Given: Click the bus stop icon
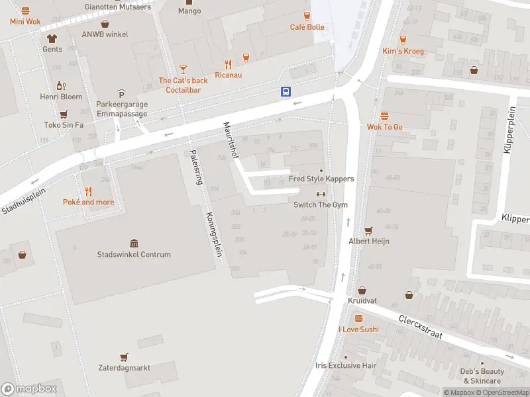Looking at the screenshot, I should (286, 92).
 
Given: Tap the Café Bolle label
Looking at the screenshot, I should (307, 27).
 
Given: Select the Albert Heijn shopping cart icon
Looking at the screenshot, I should (369, 230).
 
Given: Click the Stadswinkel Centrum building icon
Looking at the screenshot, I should (134, 243).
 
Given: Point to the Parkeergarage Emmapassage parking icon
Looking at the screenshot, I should (121, 93).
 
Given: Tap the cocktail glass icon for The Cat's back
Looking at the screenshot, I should (183, 69).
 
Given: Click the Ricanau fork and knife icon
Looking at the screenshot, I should (229, 64).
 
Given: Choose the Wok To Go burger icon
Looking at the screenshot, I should (385, 116).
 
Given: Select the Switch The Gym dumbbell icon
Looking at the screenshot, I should (321, 194).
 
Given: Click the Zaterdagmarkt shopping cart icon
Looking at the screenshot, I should (124, 357).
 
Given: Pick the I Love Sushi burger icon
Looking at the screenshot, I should (358, 318).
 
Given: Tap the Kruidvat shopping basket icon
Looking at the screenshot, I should (362, 290).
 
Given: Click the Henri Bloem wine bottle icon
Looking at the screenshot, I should (61, 85).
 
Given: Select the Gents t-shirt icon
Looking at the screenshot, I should (52, 38).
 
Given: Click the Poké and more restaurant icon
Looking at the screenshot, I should (88, 191).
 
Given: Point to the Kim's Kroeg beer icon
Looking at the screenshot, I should (403, 39).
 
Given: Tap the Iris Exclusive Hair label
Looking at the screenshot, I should (346, 366).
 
